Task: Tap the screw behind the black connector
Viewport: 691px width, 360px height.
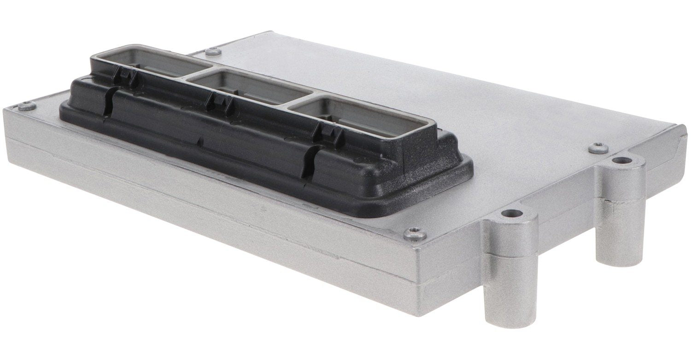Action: pos(212,52)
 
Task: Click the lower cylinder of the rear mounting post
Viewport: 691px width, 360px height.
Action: pos(620,230)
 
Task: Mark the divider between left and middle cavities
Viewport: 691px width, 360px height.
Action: pos(193,74)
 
